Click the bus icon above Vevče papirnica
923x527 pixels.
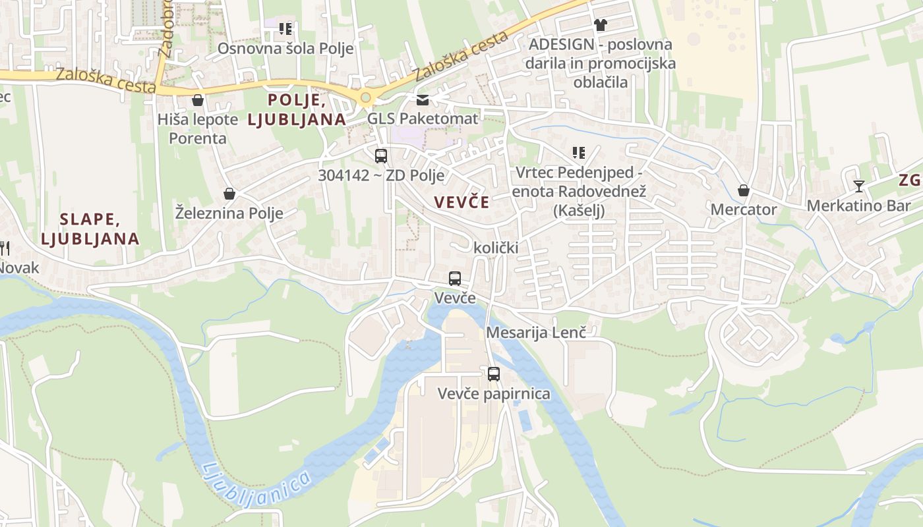(x=494, y=374)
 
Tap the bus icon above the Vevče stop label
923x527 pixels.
(x=454, y=278)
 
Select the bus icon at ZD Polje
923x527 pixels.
(x=381, y=156)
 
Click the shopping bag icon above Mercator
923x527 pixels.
(x=744, y=190)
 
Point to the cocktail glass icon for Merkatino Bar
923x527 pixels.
(x=858, y=186)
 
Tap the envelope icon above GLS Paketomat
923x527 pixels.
(x=422, y=99)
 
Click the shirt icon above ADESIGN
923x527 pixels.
(x=600, y=25)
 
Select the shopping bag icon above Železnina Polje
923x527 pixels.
(x=229, y=194)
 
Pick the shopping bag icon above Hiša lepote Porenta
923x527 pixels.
(x=197, y=100)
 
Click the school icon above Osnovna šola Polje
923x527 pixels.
(x=285, y=29)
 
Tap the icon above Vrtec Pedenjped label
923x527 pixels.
(x=579, y=153)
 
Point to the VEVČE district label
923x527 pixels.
(x=462, y=202)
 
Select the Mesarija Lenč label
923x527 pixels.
(x=536, y=333)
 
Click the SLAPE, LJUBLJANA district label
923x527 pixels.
(x=90, y=229)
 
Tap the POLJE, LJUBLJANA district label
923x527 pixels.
(x=297, y=109)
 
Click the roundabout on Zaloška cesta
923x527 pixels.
(x=365, y=98)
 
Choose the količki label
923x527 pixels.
(x=496, y=248)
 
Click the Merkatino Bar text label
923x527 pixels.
(x=858, y=206)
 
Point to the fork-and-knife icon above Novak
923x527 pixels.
(x=4, y=248)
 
